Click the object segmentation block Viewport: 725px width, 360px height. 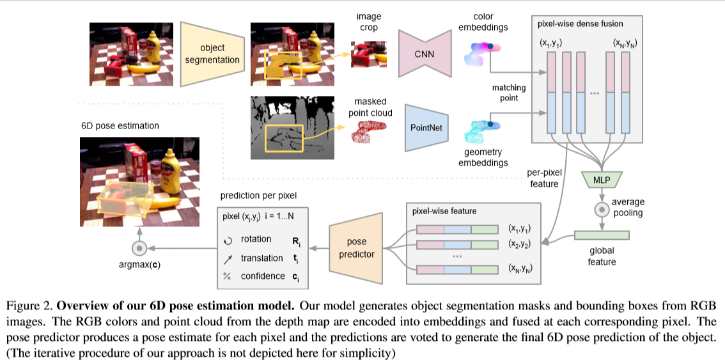click(x=211, y=54)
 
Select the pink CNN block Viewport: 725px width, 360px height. click(x=425, y=54)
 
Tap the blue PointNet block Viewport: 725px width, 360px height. click(x=426, y=127)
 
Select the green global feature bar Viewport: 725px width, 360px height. click(x=602, y=235)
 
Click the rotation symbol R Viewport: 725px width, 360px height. click(x=296, y=241)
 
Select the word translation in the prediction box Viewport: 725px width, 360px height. click(x=261, y=258)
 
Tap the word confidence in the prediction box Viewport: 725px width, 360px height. click(x=263, y=276)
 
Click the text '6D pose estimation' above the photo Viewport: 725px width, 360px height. click(x=120, y=126)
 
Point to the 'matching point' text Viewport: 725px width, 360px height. click(x=509, y=92)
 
